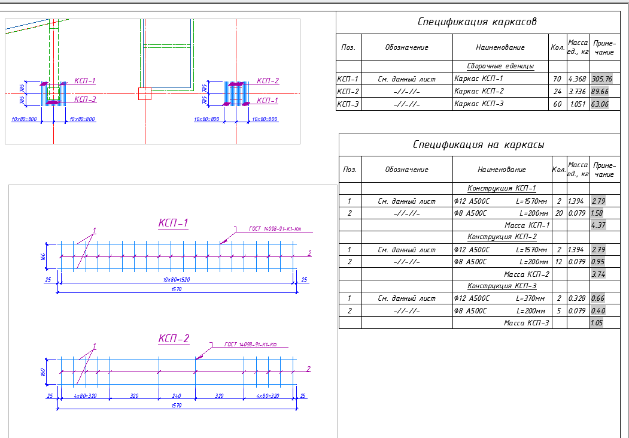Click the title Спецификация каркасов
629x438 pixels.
pos(476,22)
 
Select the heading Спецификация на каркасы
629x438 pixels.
pos(478,144)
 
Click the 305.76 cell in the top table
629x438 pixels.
pos(601,78)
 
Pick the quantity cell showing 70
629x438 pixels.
pos(557,78)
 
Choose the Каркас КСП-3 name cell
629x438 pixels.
pos(479,104)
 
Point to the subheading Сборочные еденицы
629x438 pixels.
pos(500,66)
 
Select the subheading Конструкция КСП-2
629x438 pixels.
pos(502,237)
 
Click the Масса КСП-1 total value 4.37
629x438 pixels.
pos(597,225)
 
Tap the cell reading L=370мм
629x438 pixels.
pos(531,298)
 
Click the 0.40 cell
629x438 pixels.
pos(597,311)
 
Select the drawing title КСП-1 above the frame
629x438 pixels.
pos(174,223)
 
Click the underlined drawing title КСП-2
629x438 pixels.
pos(174,339)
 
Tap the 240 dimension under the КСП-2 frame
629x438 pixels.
pos(176,396)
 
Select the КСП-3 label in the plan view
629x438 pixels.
pos(85,99)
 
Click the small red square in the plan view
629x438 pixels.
pos(145,94)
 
